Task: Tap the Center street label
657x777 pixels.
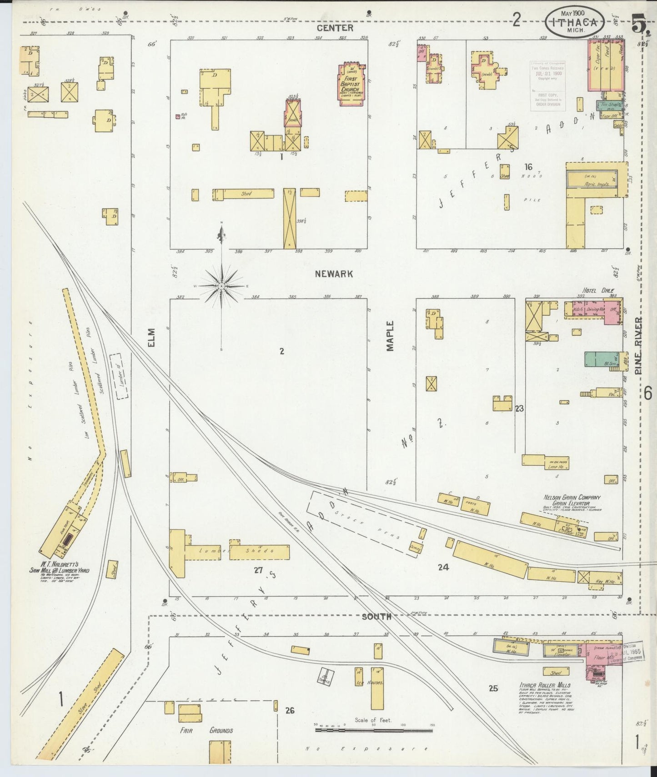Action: pos(335,28)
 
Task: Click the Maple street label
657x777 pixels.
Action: pos(390,336)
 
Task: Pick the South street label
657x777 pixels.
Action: pos(376,617)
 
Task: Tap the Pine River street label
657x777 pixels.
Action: pos(639,345)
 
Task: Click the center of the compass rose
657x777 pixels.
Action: pos(221,286)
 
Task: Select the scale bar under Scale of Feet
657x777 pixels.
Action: pos(374,730)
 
